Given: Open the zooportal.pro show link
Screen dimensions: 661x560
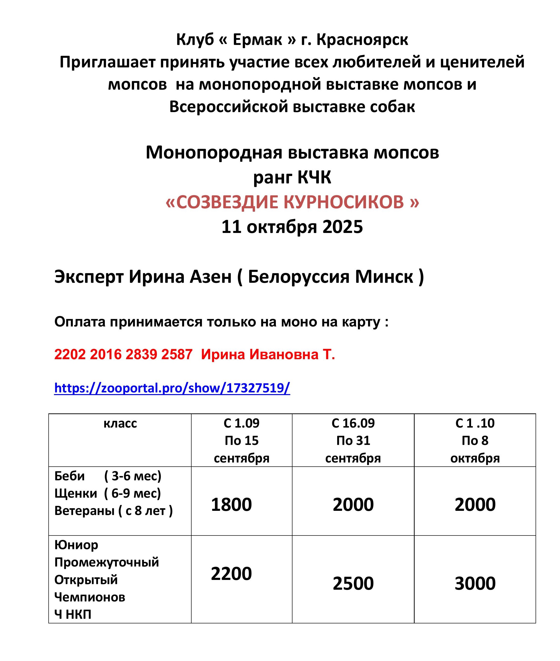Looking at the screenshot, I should [172, 388].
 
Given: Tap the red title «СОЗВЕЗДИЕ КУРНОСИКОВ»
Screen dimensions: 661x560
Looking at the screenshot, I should [292, 202].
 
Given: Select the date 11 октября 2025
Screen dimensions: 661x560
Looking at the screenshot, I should [292, 227].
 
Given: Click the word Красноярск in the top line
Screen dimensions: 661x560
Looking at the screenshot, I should [362, 40].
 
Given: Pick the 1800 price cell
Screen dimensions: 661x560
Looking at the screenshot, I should [231, 504].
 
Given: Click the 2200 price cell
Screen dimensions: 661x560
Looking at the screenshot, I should [231, 573].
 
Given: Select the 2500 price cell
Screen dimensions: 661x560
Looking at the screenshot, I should [353, 583].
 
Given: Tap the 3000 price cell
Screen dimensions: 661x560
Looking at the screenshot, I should [475, 583].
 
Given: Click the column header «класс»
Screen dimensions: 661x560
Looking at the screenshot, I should [120, 424].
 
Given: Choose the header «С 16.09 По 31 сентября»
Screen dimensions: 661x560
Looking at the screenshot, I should [353, 441].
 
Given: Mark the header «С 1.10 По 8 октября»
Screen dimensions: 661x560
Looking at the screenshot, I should [475, 441].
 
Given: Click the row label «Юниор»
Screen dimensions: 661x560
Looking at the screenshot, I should [76, 545].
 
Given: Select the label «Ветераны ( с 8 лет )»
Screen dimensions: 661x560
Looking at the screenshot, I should [113, 511].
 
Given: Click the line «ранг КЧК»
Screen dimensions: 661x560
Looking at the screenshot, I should [292, 177].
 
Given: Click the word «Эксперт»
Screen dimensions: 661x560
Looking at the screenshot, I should [89, 277].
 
